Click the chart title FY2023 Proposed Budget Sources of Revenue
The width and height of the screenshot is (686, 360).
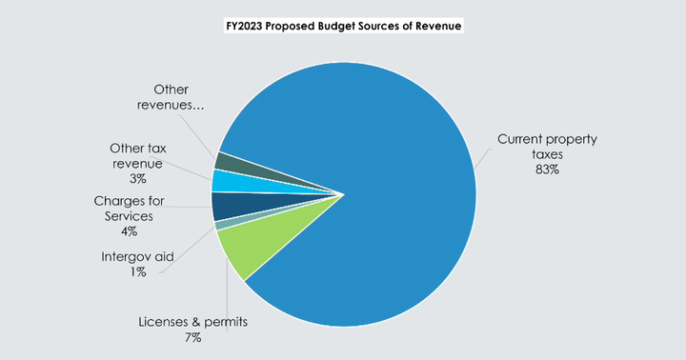coord(342,27)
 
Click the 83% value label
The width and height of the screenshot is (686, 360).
coord(547,170)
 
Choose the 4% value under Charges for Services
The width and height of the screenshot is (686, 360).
coord(129,230)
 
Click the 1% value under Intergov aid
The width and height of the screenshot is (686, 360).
coord(137,272)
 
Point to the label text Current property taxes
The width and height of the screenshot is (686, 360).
coord(547,147)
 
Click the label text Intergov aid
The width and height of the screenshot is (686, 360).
coord(137,257)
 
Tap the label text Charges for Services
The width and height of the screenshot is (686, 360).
coord(130,209)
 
